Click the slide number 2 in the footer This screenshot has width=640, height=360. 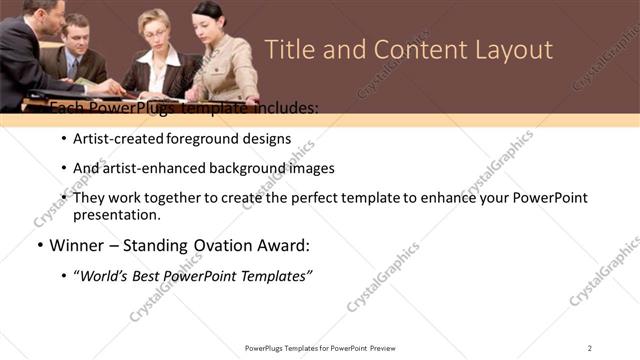(589, 347)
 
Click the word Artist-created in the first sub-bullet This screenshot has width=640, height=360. (112, 139)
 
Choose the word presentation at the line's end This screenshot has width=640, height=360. (116, 214)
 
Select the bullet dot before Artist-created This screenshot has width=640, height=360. (64, 139)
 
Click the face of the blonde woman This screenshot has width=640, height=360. (158, 27)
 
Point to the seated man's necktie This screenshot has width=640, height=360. (72, 68)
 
